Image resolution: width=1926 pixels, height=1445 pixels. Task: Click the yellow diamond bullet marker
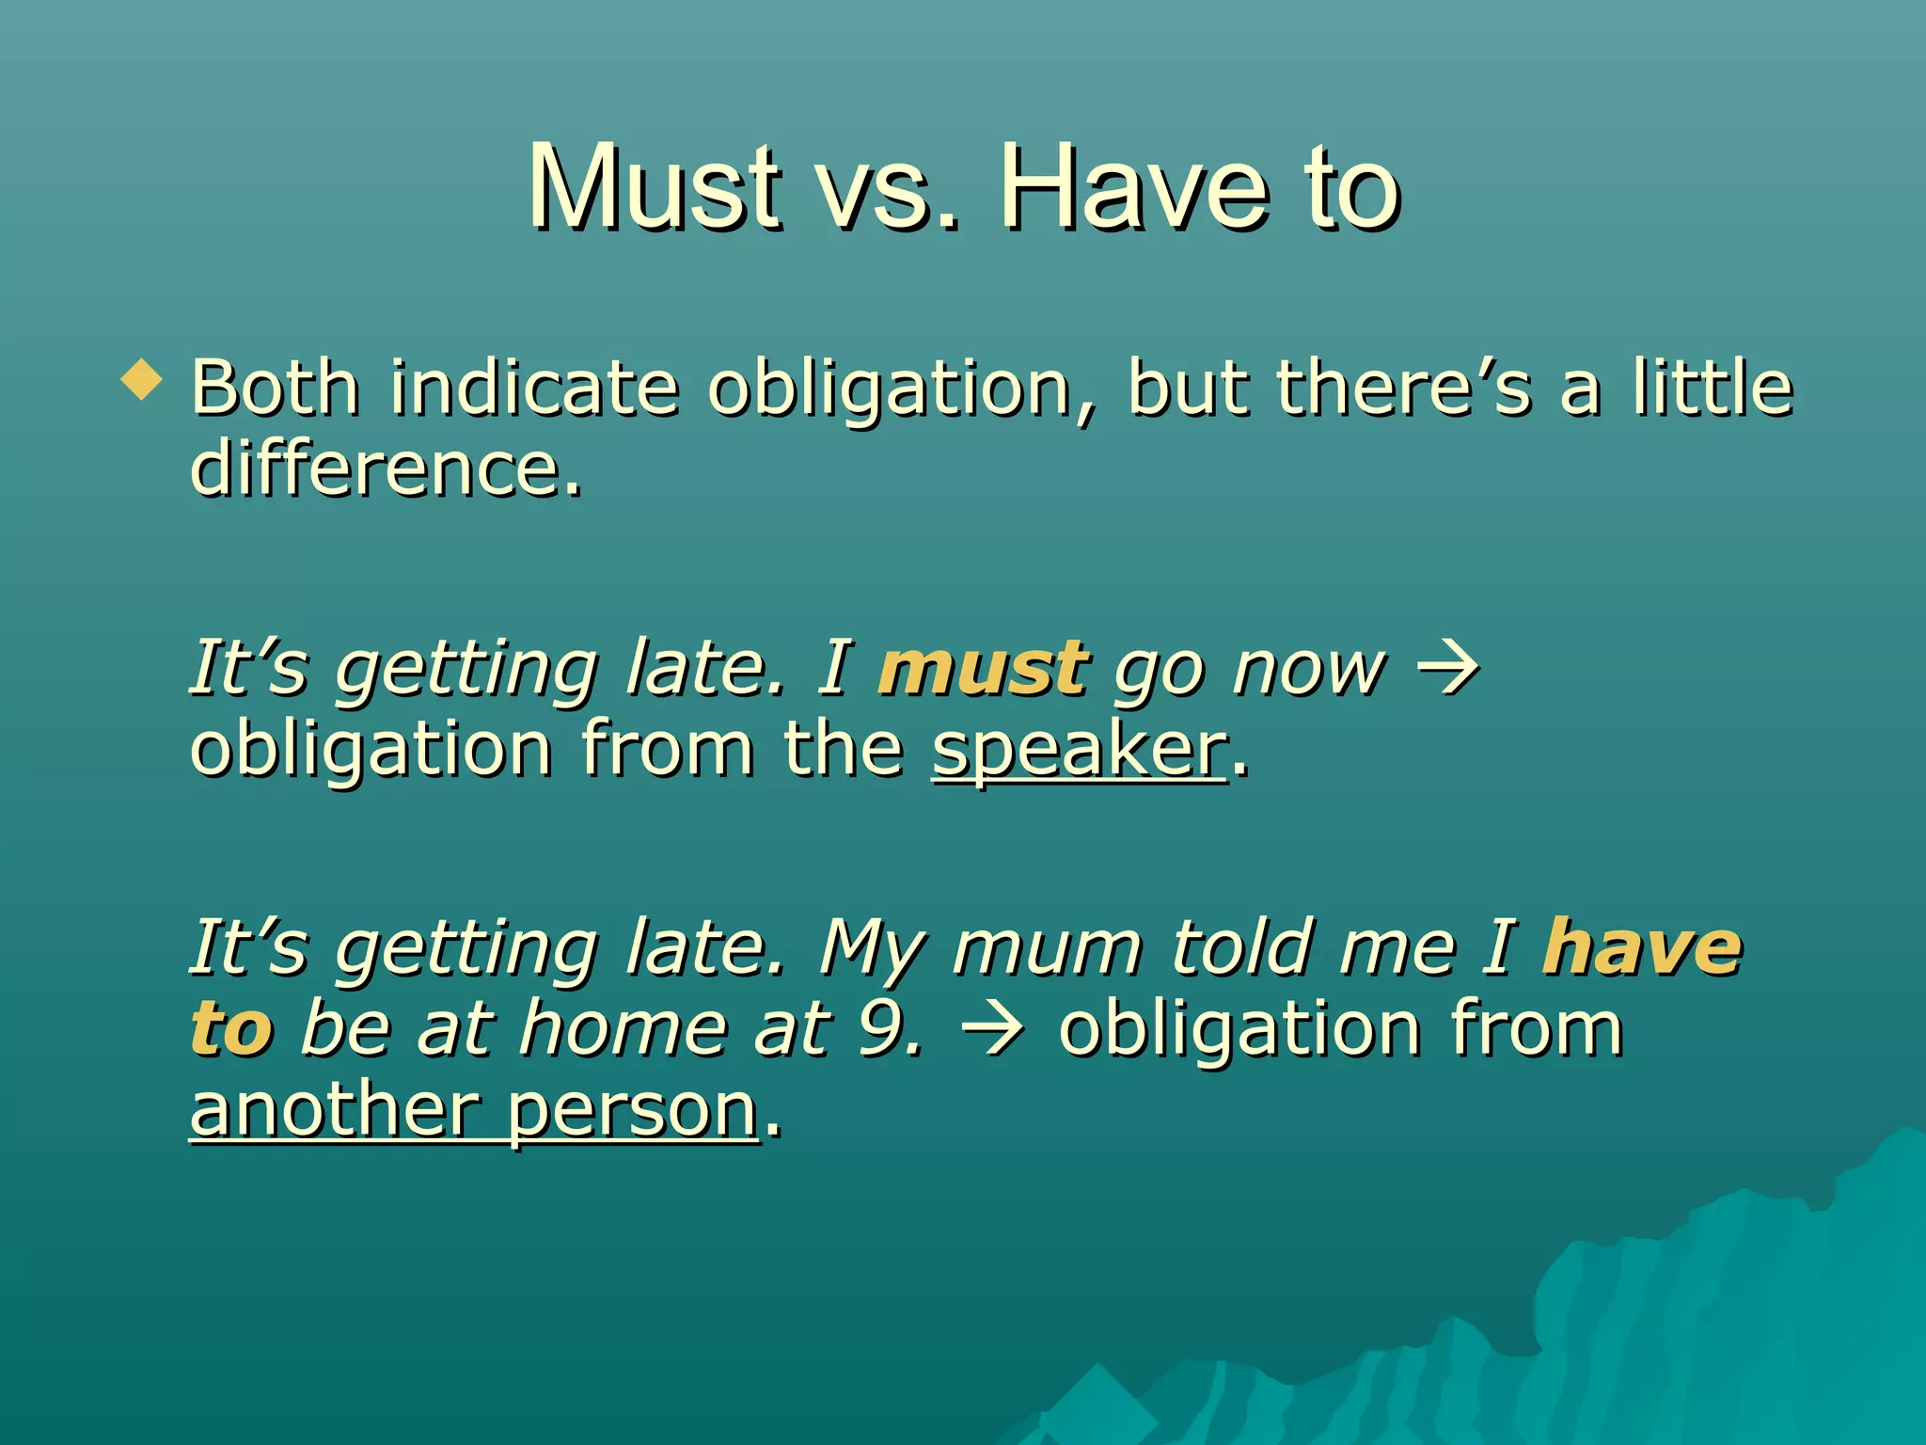coord(142,381)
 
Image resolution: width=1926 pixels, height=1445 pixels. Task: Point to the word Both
coord(275,387)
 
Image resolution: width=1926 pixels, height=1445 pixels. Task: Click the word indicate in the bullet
coord(534,387)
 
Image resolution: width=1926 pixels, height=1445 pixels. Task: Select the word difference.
coord(386,468)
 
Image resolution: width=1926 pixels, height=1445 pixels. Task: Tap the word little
coord(1713,387)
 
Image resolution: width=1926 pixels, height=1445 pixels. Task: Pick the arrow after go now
coord(1448,669)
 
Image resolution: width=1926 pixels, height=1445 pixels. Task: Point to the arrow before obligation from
coord(993,1029)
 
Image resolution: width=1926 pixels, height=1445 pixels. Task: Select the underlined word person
coord(632,1112)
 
